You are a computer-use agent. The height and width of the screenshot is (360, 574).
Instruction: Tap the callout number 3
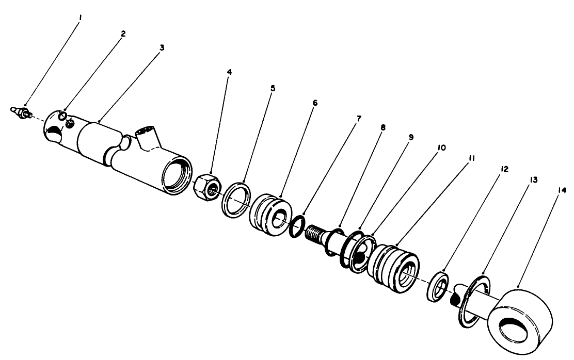point(162,47)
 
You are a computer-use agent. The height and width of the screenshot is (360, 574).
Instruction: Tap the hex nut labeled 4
point(208,185)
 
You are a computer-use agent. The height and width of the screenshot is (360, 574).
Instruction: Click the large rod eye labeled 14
point(521,319)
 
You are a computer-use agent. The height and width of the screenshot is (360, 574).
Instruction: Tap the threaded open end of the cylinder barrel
point(176,176)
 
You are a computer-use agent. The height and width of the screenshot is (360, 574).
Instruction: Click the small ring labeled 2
point(62,116)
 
